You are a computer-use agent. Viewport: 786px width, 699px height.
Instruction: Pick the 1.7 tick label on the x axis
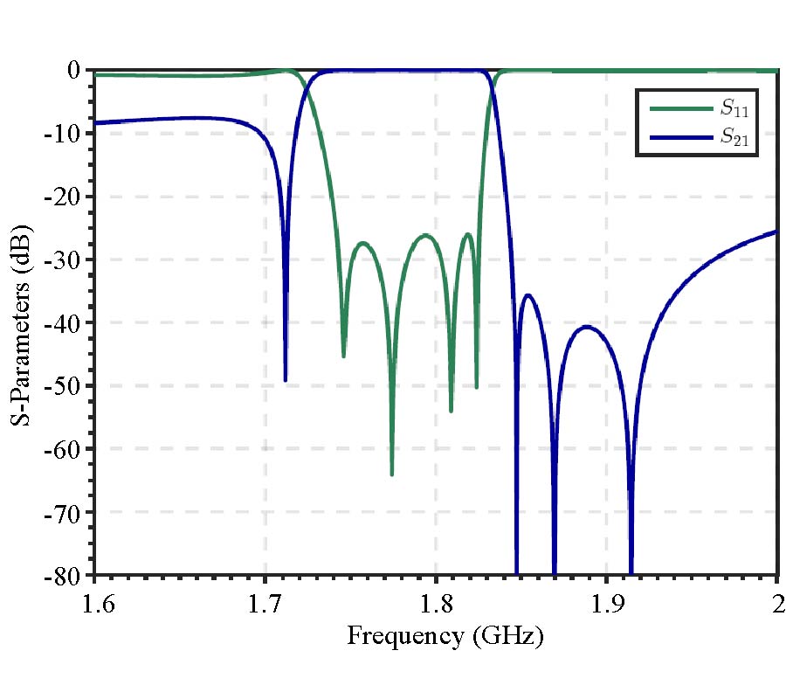265,602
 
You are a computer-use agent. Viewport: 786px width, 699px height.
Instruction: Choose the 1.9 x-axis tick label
607,602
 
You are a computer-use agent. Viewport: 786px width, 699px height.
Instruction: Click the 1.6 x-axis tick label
94,602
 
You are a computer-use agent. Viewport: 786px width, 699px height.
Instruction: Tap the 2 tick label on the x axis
777,602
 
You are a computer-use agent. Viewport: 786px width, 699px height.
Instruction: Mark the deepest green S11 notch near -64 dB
391,474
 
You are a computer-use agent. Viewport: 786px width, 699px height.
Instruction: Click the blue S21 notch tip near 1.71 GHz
286,380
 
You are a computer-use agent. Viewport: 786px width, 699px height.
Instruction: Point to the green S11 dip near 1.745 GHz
343,356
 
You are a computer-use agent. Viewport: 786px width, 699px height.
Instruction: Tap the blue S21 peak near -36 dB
528,295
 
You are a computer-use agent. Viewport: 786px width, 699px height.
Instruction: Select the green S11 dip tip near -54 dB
451,411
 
